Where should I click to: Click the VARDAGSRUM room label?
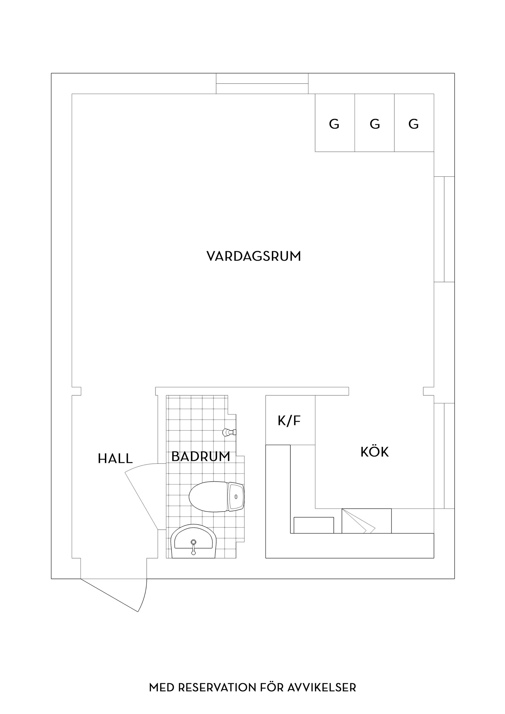[x=254, y=257]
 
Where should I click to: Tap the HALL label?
[x=115, y=459]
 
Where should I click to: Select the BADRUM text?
[x=201, y=457]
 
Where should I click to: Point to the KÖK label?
[x=375, y=452]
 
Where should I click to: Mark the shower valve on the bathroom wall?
[x=229, y=432]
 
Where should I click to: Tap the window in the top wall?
[x=262, y=83]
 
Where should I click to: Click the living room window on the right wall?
[x=444, y=229]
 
